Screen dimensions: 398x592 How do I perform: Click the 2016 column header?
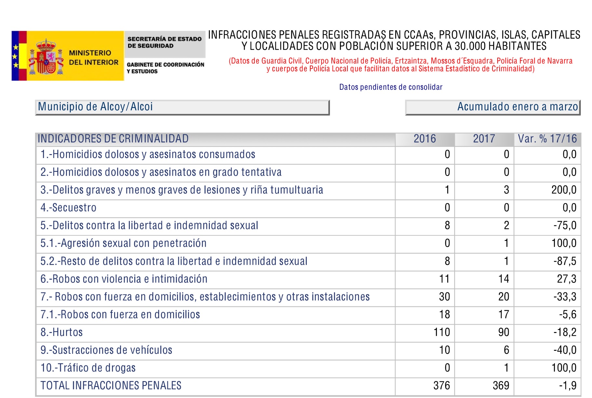(424, 139)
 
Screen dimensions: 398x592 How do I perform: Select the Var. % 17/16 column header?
(547, 139)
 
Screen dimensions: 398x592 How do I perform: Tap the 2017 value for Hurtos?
(504, 332)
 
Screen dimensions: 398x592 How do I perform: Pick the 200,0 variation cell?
(564, 190)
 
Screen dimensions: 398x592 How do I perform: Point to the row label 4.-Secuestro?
(68, 208)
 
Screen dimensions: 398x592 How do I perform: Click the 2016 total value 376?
(442, 386)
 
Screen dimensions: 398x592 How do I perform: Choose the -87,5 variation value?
(565, 261)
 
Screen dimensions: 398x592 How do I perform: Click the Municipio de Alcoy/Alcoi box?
(182, 107)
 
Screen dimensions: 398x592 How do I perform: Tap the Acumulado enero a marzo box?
(493, 107)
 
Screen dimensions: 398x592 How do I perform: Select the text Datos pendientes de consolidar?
(391, 87)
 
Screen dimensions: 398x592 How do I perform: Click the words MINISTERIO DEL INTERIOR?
(93, 58)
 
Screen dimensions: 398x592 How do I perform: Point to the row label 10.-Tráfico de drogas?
(88, 368)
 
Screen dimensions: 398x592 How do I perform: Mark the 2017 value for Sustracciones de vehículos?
(506, 350)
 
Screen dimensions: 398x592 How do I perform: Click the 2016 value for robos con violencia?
(444, 279)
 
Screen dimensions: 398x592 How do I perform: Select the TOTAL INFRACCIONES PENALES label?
(111, 386)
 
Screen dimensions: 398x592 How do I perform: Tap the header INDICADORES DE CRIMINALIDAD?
(113, 139)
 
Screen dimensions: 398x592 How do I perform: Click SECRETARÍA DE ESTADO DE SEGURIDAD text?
(164, 42)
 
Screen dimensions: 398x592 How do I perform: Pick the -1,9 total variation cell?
(568, 386)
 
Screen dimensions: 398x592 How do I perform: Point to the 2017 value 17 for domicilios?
(504, 314)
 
